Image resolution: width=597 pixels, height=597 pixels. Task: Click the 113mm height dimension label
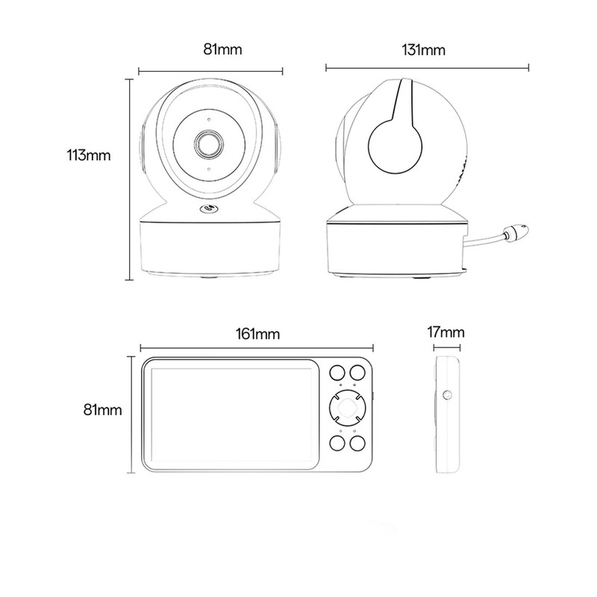[89, 155]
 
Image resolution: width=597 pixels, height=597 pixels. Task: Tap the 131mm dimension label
[423, 50]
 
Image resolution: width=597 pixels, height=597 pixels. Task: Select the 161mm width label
[257, 334]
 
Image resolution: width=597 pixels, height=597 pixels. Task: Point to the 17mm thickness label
[446, 332]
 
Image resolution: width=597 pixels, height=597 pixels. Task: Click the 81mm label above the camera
[222, 49]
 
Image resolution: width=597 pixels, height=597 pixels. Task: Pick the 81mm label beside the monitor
[103, 410]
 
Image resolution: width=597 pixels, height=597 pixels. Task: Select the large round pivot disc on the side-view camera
[395, 146]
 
